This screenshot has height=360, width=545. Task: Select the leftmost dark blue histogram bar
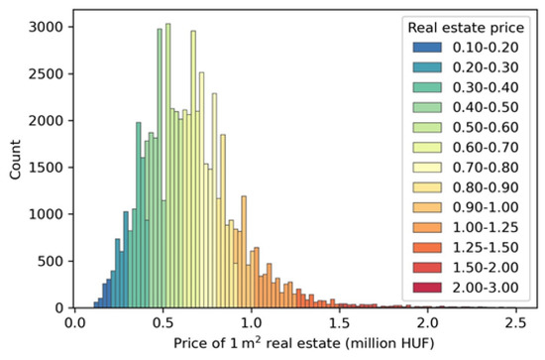(96, 304)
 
